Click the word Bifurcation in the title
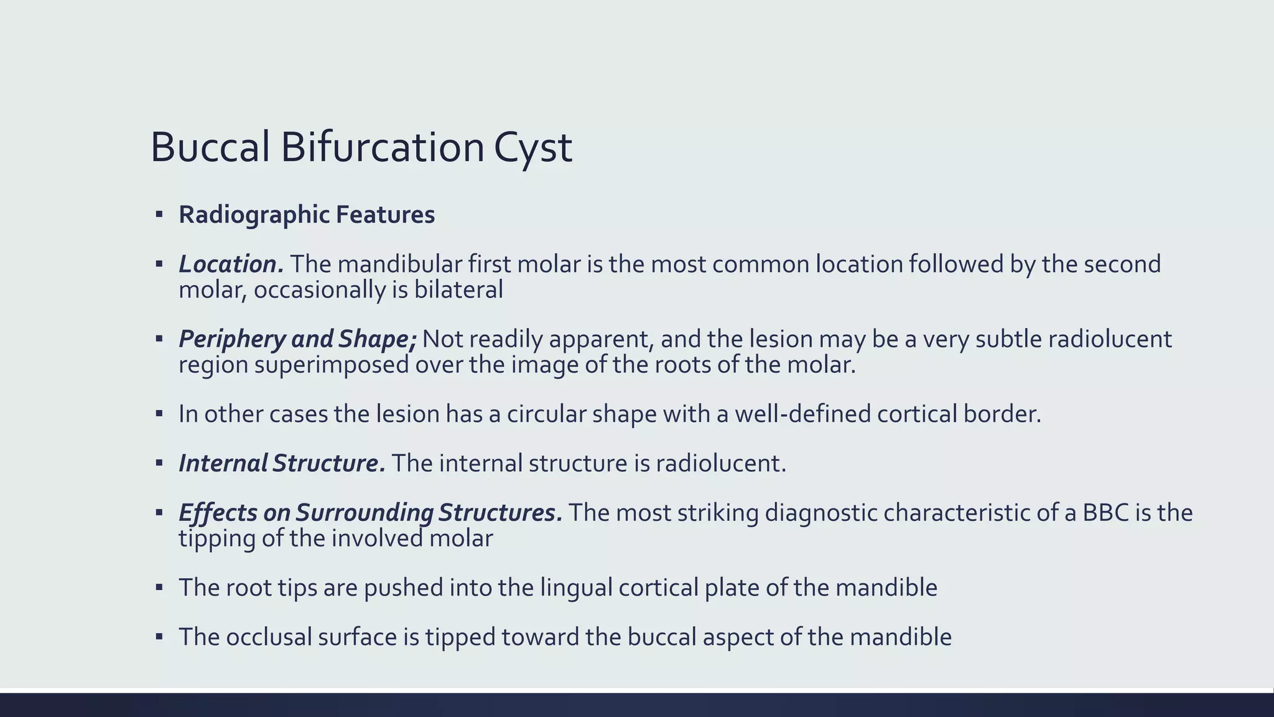[383, 148]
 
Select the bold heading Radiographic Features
[307, 215]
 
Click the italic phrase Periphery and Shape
[297, 339]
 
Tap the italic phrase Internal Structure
[281, 464]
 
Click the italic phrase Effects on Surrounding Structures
[370, 513]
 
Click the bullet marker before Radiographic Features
[159, 215]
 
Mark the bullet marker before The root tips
[159, 588]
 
